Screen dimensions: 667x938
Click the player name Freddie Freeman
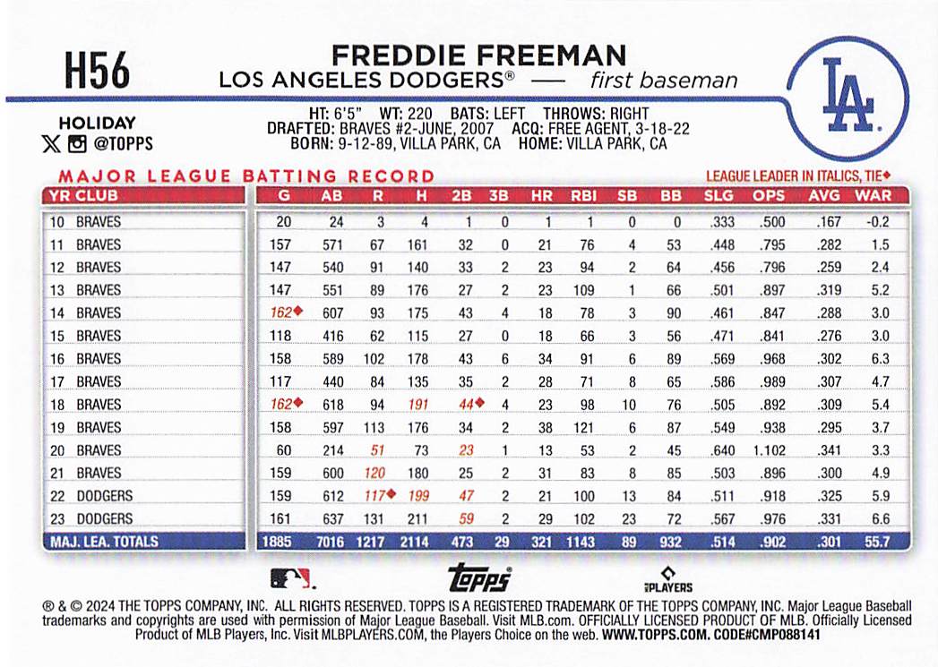click(478, 55)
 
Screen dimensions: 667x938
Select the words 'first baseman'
click(663, 81)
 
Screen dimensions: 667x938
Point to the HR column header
click(540, 196)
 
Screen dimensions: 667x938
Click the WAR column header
click(873, 196)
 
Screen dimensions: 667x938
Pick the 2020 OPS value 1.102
click(769, 450)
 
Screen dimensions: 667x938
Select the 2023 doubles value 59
click(466, 518)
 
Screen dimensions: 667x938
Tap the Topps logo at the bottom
click(479, 577)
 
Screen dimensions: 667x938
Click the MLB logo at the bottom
click(290, 577)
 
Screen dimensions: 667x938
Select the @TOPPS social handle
click(123, 143)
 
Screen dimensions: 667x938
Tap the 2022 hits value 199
click(417, 496)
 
